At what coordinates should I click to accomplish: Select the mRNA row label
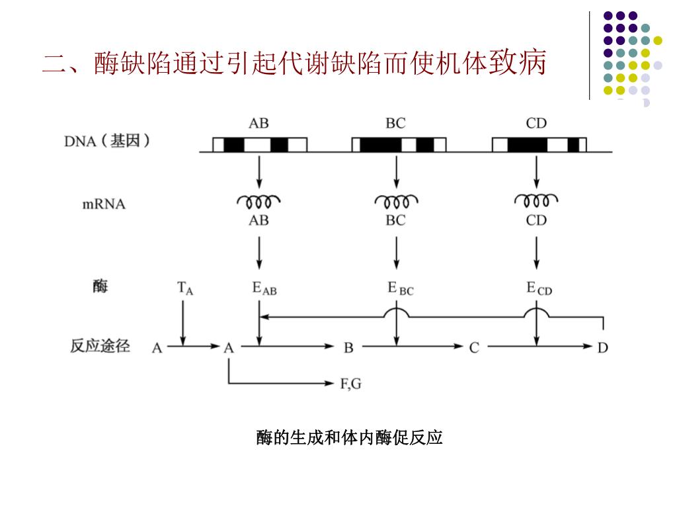click(x=104, y=204)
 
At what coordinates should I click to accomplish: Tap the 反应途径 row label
click(x=100, y=345)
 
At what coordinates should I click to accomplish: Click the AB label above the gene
click(x=259, y=123)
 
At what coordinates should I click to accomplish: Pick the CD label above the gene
click(x=536, y=123)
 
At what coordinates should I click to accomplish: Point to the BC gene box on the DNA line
click(x=399, y=145)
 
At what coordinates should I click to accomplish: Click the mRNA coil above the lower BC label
click(x=396, y=200)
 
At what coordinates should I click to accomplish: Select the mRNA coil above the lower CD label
click(x=536, y=200)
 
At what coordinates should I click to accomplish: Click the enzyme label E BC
click(x=401, y=288)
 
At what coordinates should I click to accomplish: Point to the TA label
click(x=185, y=288)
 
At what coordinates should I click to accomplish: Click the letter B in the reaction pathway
click(x=348, y=347)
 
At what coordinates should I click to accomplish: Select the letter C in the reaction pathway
click(x=474, y=347)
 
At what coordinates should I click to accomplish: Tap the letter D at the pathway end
click(x=602, y=347)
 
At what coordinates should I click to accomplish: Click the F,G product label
click(x=350, y=384)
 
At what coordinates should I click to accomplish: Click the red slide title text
click(x=294, y=64)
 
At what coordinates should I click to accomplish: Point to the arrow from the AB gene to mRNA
click(x=259, y=172)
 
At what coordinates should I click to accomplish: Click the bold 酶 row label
click(x=100, y=287)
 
